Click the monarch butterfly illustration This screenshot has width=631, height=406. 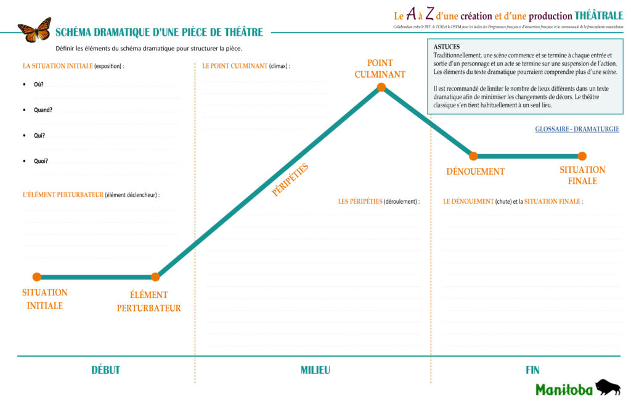(35, 30)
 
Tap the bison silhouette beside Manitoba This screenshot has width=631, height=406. (608, 387)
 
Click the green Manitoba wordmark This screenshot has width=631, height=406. (564, 389)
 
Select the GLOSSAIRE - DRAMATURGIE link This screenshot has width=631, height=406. (577, 130)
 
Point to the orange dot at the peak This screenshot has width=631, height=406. (381, 87)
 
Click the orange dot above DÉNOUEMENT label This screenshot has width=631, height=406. (474, 156)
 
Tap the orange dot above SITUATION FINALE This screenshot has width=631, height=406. (582, 156)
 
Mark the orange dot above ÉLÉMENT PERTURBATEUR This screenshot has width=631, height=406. (155, 276)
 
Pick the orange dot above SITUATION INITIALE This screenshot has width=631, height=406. (37, 276)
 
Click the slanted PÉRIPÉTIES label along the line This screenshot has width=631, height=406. (290, 180)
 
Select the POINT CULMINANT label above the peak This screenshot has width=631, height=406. (380, 68)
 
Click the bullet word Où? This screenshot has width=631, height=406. (39, 85)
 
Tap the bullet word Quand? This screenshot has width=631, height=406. (43, 110)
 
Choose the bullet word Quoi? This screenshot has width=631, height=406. (41, 161)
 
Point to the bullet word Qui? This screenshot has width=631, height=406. (39, 136)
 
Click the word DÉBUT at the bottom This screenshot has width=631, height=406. (105, 370)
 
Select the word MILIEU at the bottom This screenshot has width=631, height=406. (315, 370)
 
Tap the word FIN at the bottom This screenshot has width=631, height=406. (532, 370)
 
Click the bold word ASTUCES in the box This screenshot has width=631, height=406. (446, 47)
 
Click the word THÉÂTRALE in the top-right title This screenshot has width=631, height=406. (598, 15)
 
